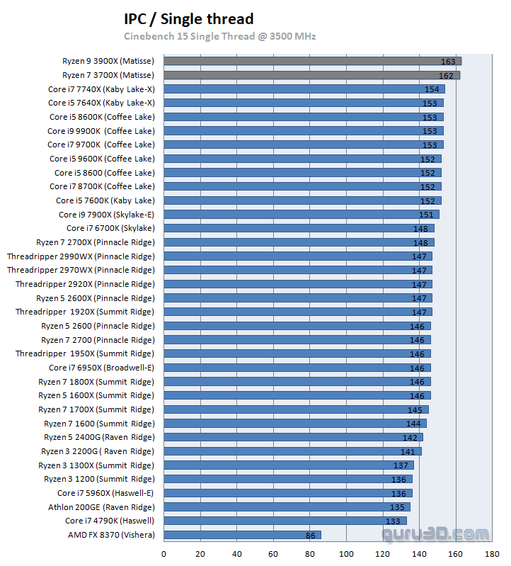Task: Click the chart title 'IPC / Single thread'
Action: [188, 19]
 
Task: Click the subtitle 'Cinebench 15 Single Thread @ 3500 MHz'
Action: [219, 36]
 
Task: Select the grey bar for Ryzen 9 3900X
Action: [311, 61]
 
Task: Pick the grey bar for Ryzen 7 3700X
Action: [311, 75]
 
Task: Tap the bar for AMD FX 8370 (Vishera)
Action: [242, 535]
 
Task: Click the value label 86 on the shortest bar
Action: [309, 536]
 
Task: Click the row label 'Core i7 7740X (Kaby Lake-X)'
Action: [101, 89]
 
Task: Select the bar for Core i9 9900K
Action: [304, 131]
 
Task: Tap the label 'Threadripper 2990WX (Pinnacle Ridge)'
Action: [81, 256]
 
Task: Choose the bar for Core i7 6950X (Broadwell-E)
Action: [297, 368]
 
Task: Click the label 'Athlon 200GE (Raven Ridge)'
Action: [101, 507]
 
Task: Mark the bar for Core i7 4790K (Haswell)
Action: [285, 521]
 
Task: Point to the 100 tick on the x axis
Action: [346, 554]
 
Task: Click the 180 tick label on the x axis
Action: [492, 554]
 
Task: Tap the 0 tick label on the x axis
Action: [164, 554]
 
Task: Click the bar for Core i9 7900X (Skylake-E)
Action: [302, 215]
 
